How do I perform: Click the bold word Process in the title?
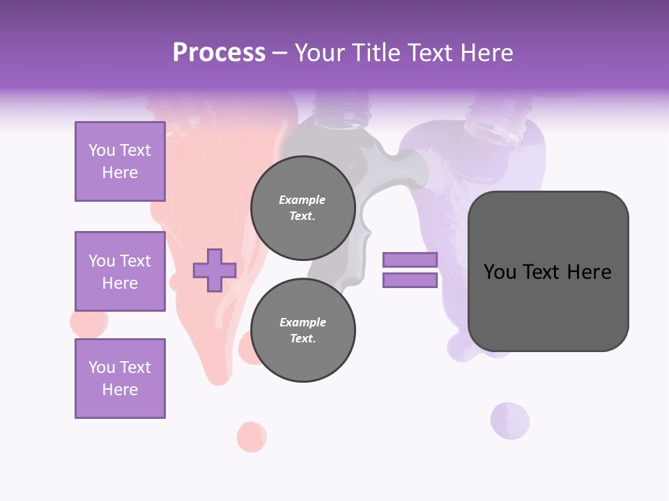(219, 52)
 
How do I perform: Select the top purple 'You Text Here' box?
(120, 161)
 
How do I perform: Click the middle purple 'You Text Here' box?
(120, 271)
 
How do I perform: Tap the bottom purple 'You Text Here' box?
(120, 379)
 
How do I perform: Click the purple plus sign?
(215, 270)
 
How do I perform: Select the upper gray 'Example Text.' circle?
(302, 207)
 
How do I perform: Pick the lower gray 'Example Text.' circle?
(302, 330)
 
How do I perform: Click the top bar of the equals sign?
(410, 260)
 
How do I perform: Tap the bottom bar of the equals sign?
(410, 280)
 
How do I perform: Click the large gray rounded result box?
(548, 271)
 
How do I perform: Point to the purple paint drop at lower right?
(509, 421)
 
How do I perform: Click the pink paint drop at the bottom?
(252, 437)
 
